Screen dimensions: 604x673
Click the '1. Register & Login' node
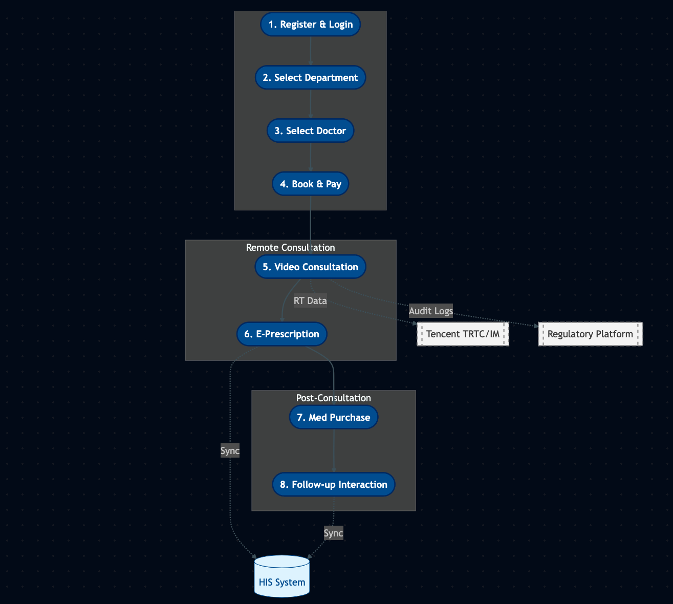pos(310,25)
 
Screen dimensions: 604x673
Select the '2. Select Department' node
pos(310,78)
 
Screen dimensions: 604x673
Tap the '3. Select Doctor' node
pos(310,131)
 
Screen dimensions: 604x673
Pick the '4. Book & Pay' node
pos(310,184)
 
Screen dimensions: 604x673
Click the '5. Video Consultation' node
pos(310,267)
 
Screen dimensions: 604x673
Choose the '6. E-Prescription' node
pos(281,334)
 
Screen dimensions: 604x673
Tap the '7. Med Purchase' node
pos(333,418)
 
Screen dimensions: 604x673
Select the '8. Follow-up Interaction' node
pos(333,485)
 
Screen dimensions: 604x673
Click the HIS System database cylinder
pos(282,577)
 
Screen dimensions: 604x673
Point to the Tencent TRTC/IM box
pos(463,334)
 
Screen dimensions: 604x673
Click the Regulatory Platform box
pos(590,334)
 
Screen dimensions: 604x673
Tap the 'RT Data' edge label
pos(310,301)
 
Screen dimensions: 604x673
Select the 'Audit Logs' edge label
pos(430,311)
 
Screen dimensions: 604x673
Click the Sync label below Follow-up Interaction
pos(333,533)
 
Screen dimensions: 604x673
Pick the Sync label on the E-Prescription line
pos(230,451)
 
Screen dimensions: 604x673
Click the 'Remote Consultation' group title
pos(290,248)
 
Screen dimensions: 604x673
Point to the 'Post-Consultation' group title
pos(333,398)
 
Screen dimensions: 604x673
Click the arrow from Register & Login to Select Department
pos(311,51)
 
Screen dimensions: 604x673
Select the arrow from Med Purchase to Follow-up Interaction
pos(334,450)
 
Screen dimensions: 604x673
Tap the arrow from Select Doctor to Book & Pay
pos(311,158)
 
